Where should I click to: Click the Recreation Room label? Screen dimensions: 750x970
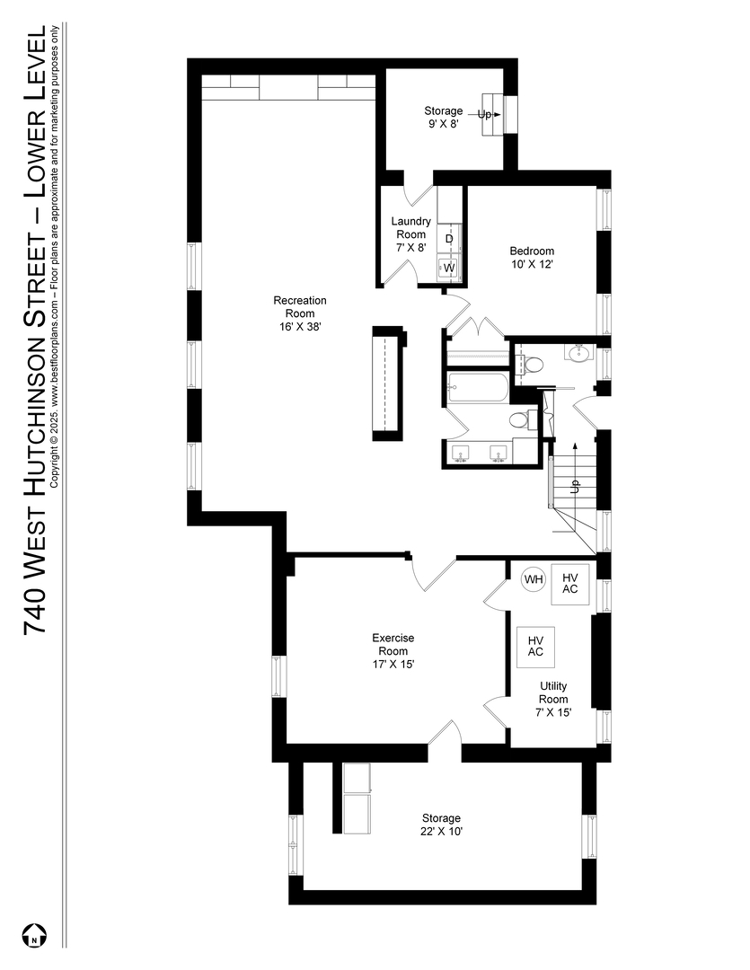300,313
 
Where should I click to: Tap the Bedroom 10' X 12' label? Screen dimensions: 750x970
532,258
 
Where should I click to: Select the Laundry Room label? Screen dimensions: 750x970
410,234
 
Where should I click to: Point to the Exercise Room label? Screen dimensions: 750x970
393,651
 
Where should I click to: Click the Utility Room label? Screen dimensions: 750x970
553,699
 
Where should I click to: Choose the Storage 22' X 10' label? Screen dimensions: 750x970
441,825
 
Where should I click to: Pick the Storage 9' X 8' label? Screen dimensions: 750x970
443,117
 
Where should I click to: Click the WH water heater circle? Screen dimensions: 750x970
534,579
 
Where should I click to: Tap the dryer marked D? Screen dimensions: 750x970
449,239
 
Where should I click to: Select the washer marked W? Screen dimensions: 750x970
449,268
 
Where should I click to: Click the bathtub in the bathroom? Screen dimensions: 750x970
477,387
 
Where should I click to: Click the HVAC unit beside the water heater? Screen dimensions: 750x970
570,584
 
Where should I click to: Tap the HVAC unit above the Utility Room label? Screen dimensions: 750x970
536,647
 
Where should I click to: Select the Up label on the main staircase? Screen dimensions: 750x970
575,486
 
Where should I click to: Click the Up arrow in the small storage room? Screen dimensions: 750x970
489,114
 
